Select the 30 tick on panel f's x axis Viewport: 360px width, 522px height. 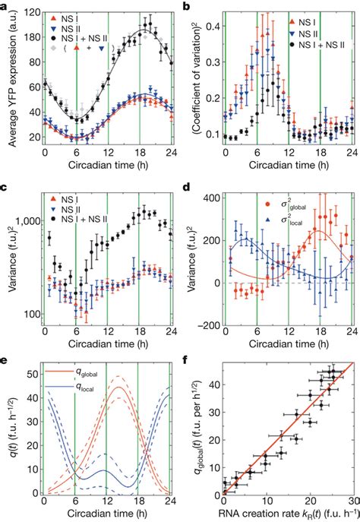pos(353,501)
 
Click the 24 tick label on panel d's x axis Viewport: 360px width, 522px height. pos(352,340)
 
